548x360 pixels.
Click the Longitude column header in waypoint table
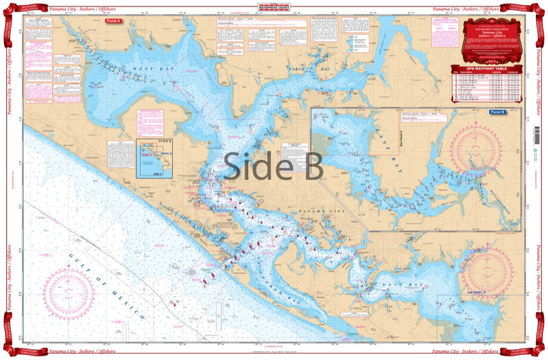click(513, 73)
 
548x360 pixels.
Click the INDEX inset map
click(154, 158)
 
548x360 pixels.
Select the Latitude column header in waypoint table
click(489, 73)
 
